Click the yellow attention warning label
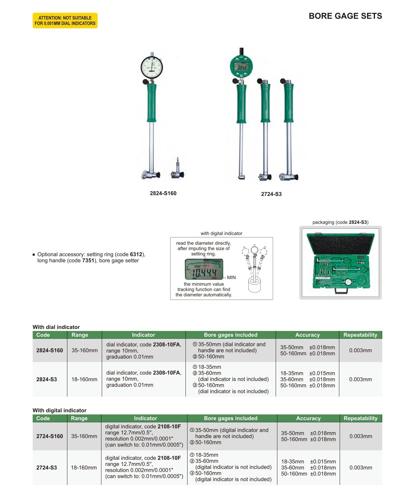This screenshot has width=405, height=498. click(x=65, y=20)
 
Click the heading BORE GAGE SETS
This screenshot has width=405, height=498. click(x=345, y=16)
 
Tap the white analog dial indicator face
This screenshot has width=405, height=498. click(x=152, y=67)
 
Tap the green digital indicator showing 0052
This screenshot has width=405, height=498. click(x=241, y=66)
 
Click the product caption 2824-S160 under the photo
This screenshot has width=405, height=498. click(x=163, y=193)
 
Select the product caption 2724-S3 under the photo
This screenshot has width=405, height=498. click(x=271, y=194)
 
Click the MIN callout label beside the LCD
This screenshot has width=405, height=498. click(x=231, y=277)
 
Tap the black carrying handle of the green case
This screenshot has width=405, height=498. click(x=341, y=291)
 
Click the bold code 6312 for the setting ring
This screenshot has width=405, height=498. click(x=136, y=254)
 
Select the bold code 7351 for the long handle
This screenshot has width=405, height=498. click(x=88, y=260)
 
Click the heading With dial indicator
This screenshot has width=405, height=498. click(x=56, y=327)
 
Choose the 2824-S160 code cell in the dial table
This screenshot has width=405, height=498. click(x=49, y=350)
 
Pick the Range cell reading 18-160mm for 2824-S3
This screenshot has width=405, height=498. click(x=84, y=379)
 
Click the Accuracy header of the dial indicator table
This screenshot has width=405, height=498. click(x=307, y=335)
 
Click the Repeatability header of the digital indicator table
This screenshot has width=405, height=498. click(x=361, y=418)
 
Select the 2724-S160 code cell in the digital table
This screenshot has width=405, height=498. click(x=49, y=436)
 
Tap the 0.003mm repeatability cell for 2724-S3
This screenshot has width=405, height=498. click(x=361, y=468)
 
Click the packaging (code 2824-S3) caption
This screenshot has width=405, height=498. click(x=340, y=222)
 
